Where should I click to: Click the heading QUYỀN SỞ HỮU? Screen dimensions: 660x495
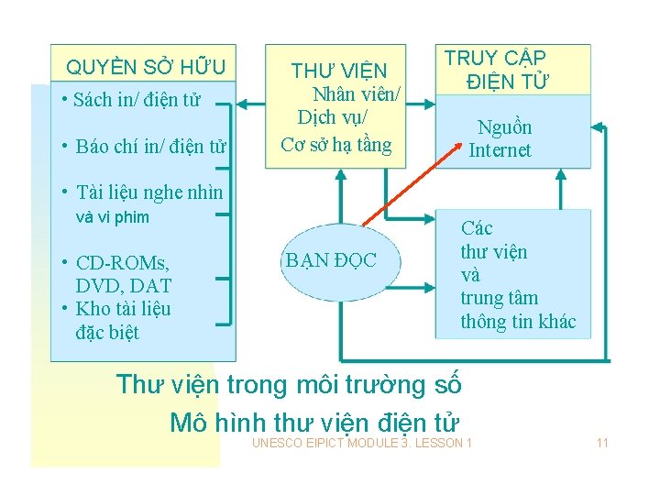(146, 67)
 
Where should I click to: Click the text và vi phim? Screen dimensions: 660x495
(112, 217)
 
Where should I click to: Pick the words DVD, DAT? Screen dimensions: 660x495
(124, 286)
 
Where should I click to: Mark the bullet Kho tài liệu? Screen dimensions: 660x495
(123, 309)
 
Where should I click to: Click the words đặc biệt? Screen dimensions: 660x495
(107, 332)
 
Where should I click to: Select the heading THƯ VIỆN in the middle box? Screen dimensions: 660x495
(339, 71)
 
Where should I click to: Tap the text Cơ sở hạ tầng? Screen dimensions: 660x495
(335, 144)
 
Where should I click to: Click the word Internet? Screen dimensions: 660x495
(500, 150)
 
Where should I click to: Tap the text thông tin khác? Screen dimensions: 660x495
(518, 321)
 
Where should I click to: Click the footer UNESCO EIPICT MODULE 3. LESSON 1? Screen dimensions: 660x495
(362, 444)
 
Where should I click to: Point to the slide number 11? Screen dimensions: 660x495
(602, 444)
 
